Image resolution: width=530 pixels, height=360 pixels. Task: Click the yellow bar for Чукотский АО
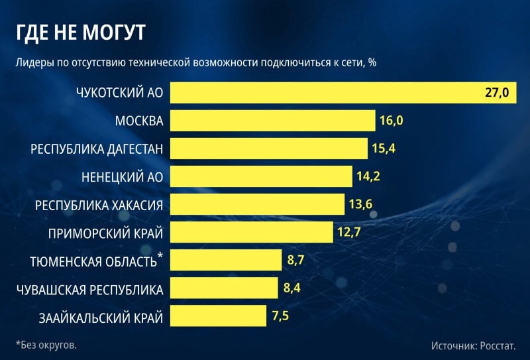[343, 92]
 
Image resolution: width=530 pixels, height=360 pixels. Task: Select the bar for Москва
[273, 121]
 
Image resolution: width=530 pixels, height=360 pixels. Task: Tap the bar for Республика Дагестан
[269, 149]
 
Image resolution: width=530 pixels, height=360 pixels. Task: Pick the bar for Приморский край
[252, 232]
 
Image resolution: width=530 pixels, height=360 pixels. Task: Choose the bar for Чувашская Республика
[224, 288]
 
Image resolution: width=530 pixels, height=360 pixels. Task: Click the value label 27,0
[496, 92]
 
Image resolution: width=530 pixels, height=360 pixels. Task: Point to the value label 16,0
[392, 121]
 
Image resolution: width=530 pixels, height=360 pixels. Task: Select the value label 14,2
[368, 176]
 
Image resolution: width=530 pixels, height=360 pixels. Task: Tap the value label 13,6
[360, 204]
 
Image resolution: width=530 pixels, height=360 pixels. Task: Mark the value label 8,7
[295, 260]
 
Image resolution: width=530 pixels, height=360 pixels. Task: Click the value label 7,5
[280, 316]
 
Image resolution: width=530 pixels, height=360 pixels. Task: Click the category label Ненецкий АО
[123, 177]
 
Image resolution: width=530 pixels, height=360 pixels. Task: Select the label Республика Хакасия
[99, 206]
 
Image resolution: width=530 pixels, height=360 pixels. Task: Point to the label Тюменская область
[93, 261]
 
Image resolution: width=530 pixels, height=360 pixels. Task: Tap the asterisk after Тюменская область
[160, 255]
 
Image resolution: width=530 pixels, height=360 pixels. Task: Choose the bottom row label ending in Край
[101, 318]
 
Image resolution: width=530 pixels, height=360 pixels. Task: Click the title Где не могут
[81, 33]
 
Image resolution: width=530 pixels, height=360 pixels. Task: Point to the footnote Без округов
[46, 345]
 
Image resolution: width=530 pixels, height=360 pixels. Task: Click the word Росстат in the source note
[498, 346]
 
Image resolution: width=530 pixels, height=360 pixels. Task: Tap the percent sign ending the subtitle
[372, 62]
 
